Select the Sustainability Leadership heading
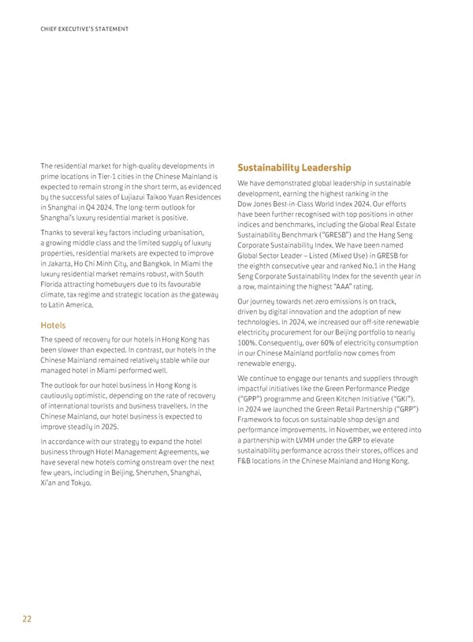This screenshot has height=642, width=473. [294, 167]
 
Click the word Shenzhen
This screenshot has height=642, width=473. [155, 473]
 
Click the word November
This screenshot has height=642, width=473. [359, 429]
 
